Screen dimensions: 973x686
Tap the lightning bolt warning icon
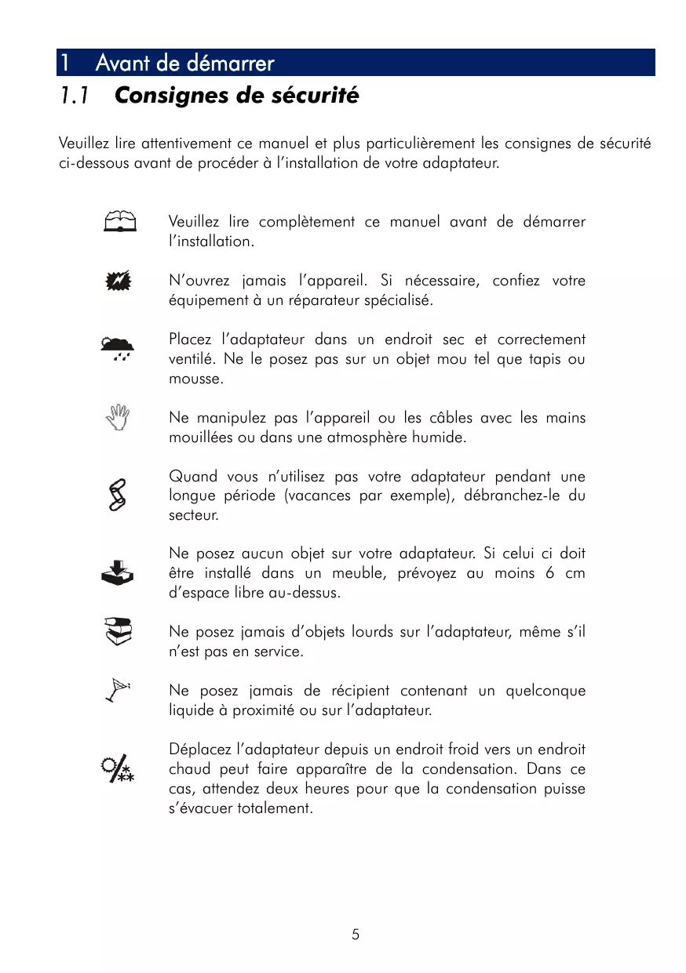coord(119,281)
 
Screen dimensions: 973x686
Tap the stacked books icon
coord(119,631)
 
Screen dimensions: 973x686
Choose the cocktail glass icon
coord(119,691)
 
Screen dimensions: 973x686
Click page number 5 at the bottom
coord(356,934)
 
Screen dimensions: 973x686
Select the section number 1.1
coord(74,96)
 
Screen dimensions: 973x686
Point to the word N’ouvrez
coord(200,281)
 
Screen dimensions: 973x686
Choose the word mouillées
coord(203,437)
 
